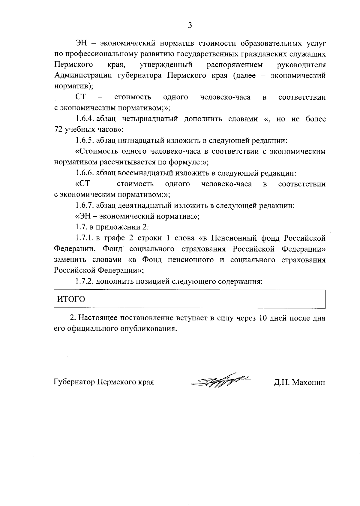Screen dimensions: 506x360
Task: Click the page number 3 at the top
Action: tap(190, 25)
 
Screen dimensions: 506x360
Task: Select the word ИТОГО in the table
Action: tap(71, 299)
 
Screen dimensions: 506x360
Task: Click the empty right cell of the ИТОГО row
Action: tap(285, 299)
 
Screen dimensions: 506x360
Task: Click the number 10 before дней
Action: tap(262, 318)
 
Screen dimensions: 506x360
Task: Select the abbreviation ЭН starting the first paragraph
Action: tap(81, 43)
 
